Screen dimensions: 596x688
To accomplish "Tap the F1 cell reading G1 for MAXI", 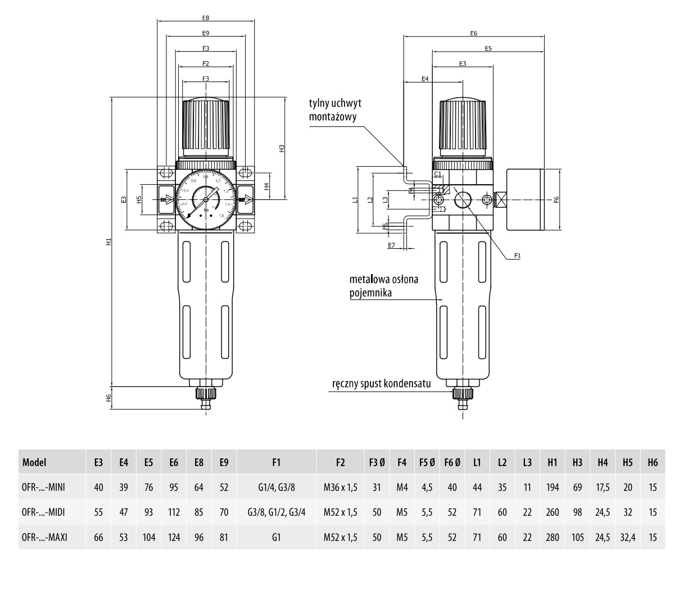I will click(x=275, y=537).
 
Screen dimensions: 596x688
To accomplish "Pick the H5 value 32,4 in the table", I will click(x=627, y=537).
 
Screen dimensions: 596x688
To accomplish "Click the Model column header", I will click(x=34, y=463).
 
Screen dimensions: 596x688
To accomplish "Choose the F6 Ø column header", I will click(x=452, y=463).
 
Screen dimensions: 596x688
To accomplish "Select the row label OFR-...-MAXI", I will click(x=44, y=537).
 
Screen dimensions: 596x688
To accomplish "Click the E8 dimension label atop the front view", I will click(x=206, y=18).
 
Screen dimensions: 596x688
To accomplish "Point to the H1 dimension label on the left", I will click(x=109, y=242).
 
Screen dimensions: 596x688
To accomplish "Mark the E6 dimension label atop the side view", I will click(x=474, y=34).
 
